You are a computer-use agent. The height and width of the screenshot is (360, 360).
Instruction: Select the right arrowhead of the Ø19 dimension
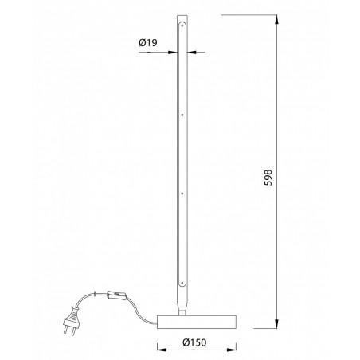pos(192,53)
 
